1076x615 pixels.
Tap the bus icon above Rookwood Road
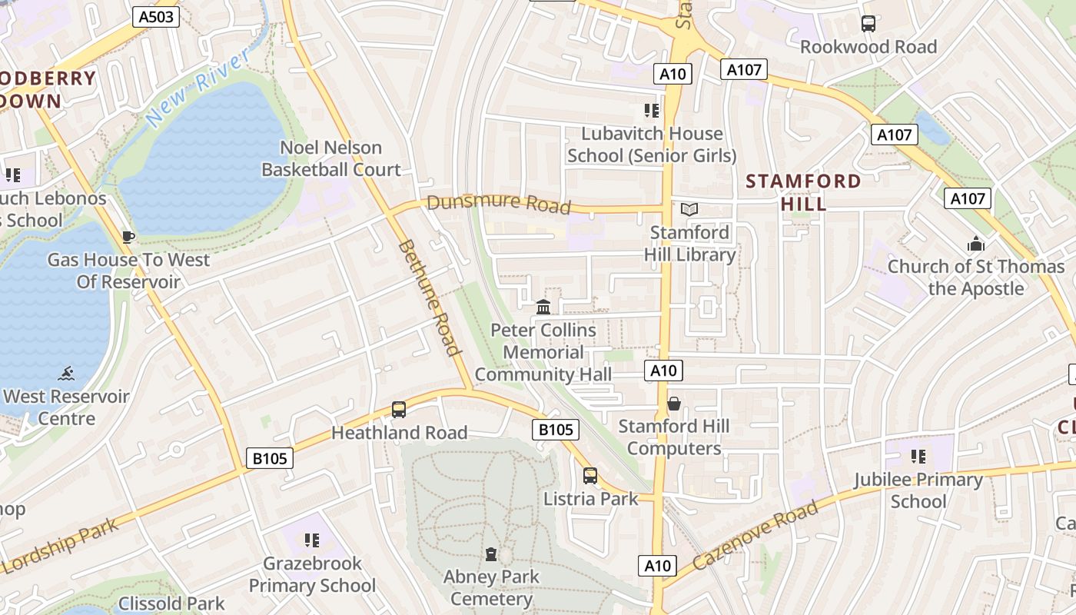pos(868,24)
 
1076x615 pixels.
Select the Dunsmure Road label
pos(499,204)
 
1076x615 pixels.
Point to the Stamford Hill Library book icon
pos(689,209)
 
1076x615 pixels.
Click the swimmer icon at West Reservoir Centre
pos(67,374)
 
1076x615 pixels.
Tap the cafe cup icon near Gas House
pos(128,237)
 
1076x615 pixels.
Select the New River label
pos(198,86)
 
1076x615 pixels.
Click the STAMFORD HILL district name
pos(804,192)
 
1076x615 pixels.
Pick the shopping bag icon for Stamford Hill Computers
pos(674,404)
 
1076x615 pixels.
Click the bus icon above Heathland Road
pos(398,410)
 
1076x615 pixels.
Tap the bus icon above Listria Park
pos(589,476)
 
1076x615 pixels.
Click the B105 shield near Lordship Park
pos(270,459)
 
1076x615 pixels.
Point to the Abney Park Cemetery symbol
pos(491,554)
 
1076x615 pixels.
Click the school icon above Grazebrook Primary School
pos(311,540)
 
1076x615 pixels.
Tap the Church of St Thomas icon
pos(976,244)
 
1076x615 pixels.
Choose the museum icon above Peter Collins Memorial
pos(543,307)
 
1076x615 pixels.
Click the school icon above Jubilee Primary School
pos(918,457)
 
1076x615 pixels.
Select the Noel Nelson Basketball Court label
pos(331,158)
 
